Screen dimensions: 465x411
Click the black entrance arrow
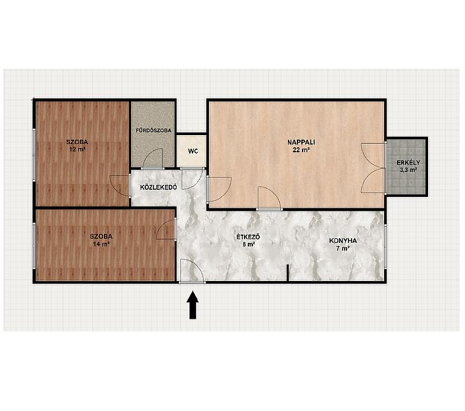point(193,305)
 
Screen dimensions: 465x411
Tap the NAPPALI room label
point(301,142)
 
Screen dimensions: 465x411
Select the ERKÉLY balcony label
point(408,162)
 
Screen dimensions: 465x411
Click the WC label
point(193,151)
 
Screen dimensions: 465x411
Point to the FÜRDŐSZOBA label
point(154,130)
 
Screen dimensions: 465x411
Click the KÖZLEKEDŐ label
point(159,187)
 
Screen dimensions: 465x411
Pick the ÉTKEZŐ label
point(248,237)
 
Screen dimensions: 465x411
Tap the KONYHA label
point(343,241)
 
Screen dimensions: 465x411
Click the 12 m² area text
point(77,150)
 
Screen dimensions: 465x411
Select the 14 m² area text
point(101,244)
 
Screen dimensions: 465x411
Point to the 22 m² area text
point(301,150)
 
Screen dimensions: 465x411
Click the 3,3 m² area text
point(408,170)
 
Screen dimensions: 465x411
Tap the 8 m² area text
point(249,245)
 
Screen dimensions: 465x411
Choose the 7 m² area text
point(343,249)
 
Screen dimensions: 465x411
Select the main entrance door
point(192,271)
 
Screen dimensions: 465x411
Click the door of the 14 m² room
point(166,229)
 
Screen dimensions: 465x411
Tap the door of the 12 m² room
point(120,186)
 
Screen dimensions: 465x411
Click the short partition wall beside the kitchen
point(288,273)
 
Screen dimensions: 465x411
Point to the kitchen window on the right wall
point(385,247)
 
